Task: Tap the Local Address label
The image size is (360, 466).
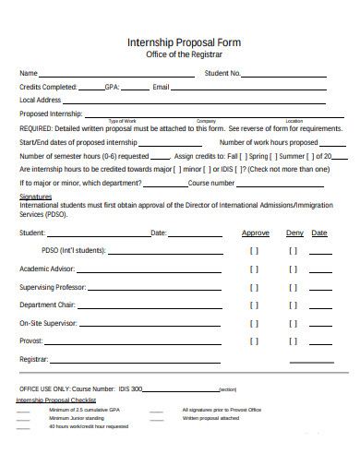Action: (41, 100)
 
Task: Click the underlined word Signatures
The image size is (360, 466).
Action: (36, 197)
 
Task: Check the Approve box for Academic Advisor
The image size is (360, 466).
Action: (255, 269)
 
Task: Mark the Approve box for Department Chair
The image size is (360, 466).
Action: (255, 305)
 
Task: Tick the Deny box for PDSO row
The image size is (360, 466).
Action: (293, 250)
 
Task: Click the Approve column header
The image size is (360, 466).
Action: (256, 233)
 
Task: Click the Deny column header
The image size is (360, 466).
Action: (294, 233)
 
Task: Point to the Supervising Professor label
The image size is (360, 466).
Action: (53, 287)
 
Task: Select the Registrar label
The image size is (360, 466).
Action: (34, 359)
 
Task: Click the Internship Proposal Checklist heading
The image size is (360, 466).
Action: (55, 400)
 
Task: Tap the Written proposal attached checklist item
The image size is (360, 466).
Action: (210, 417)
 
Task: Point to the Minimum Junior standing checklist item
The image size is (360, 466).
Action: (77, 417)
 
